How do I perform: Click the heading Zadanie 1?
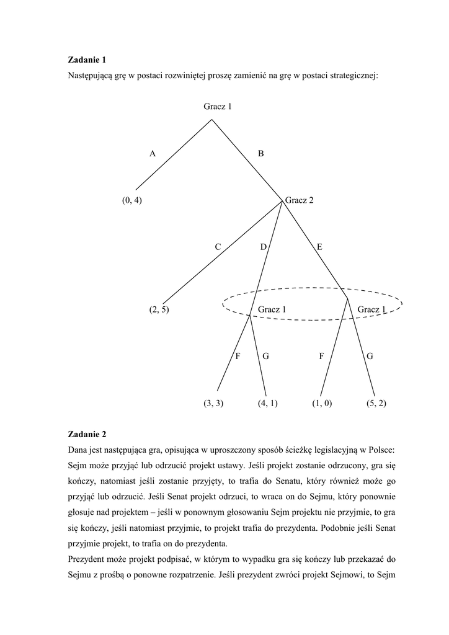point(87,60)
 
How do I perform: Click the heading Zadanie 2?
point(87,435)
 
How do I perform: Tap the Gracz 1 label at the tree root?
point(218,107)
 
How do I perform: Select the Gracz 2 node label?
point(299,200)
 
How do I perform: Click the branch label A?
point(152,154)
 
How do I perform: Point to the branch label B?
point(260,154)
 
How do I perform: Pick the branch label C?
point(218,247)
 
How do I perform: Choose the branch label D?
point(263,247)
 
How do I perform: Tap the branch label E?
point(319,247)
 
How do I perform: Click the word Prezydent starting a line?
point(86,559)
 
